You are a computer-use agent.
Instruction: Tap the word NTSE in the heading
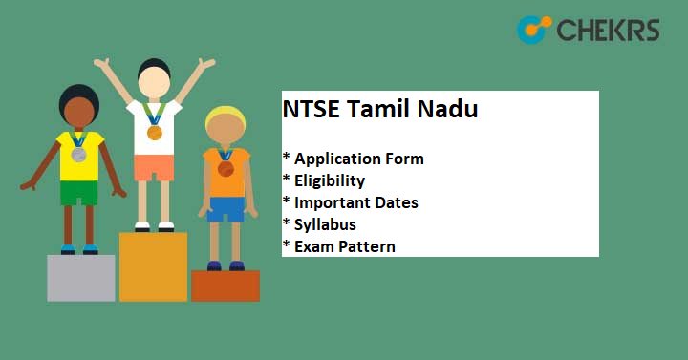pos(308,110)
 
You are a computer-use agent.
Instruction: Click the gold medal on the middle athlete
pos(154,132)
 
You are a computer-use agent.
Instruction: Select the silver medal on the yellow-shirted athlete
pos(78,154)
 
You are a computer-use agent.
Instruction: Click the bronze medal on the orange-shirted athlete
pos(226,169)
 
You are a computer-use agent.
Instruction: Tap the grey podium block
pos(81,278)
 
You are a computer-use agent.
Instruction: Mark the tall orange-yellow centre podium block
pos(153,266)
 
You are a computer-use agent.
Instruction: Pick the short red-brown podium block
pos(226,286)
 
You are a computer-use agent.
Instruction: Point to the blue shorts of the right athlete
pos(226,208)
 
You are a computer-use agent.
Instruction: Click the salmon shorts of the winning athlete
pos(153,168)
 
